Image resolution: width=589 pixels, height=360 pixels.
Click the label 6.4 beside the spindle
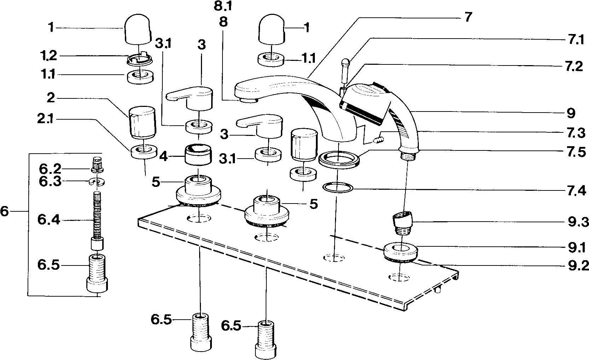coord(49,220)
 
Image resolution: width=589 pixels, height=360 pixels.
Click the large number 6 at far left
coord(4,212)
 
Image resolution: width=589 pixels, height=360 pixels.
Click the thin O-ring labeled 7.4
coord(338,188)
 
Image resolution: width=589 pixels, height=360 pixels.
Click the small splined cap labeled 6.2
coord(97,165)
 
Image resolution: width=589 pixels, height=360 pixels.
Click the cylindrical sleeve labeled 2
coord(142,121)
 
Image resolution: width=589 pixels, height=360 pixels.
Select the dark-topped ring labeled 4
coord(198,154)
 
